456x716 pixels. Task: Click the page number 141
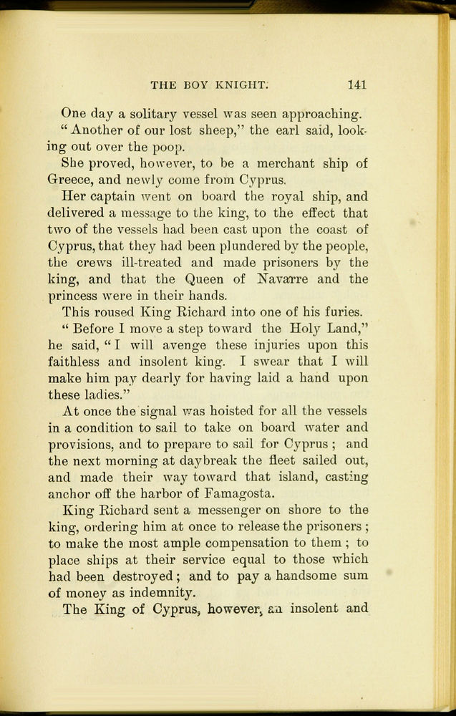pos(356,84)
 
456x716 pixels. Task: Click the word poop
pos(170,148)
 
